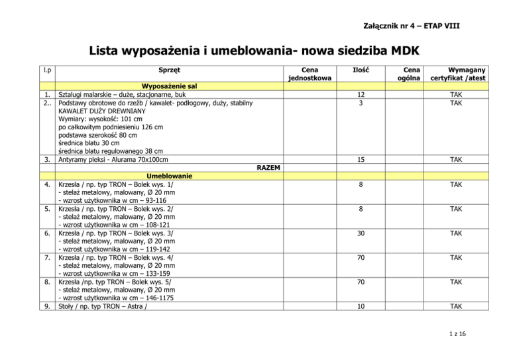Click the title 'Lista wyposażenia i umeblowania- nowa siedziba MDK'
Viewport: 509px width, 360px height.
click(254, 50)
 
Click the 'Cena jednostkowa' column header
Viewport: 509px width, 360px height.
click(310, 74)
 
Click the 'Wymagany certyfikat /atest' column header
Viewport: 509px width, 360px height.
click(457, 74)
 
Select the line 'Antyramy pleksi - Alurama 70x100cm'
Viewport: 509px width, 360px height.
click(113, 159)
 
